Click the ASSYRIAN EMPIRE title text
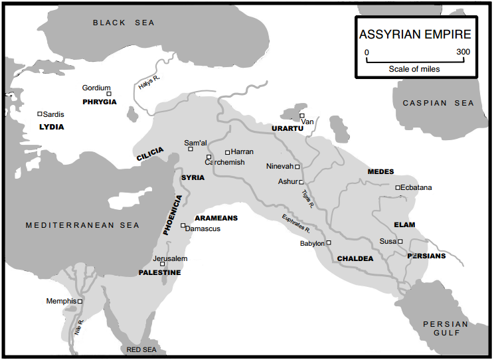click(x=415, y=35)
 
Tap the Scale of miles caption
click(x=414, y=68)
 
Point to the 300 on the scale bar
click(x=463, y=52)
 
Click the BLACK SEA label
click(x=123, y=23)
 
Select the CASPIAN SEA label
click(x=439, y=103)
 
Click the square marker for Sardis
click(x=40, y=114)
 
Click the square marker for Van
click(x=301, y=116)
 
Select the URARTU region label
click(x=287, y=128)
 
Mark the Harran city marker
click(x=227, y=152)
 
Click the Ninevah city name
click(x=279, y=166)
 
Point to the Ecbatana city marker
click(x=398, y=187)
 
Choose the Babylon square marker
click(x=329, y=242)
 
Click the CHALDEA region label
click(x=355, y=258)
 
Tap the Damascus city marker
click(x=183, y=225)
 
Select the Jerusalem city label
click(x=170, y=258)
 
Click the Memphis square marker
click(x=80, y=301)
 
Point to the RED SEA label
click(x=141, y=349)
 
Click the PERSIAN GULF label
click(x=446, y=329)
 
